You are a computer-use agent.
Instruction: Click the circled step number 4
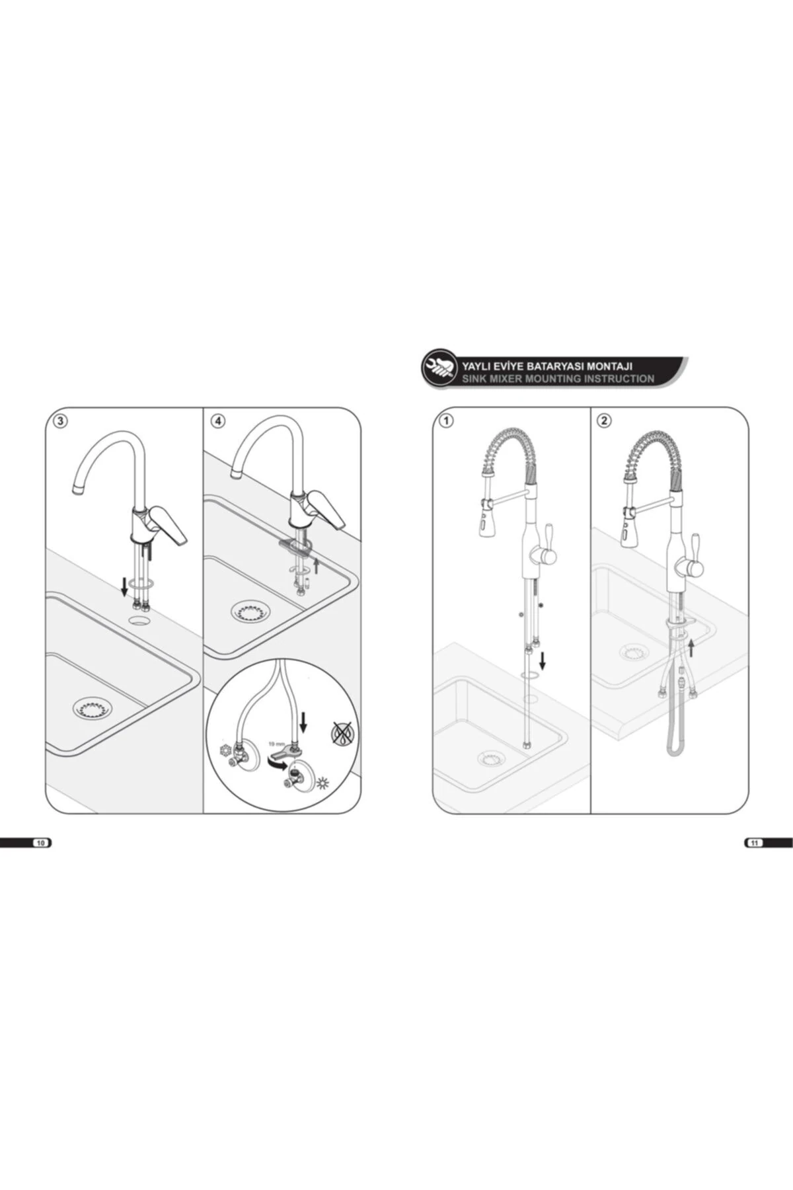pyautogui.click(x=217, y=421)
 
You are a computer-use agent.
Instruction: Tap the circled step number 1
pyautogui.click(x=447, y=421)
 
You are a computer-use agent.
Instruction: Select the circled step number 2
pyautogui.click(x=604, y=420)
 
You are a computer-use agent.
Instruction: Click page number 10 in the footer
pyautogui.click(x=41, y=843)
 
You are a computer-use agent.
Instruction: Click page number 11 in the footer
pyautogui.click(x=755, y=843)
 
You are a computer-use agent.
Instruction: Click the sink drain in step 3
pyautogui.click(x=93, y=707)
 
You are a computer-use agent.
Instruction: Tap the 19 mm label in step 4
pyautogui.click(x=276, y=744)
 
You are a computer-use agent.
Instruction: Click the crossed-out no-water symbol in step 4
pyautogui.click(x=342, y=733)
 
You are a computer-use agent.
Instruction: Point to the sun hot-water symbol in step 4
pyautogui.click(x=322, y=784)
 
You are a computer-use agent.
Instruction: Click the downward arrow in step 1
pyautogui.click(x=543, y=660)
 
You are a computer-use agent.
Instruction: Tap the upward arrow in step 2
pyautogui.click(x=691, y=647)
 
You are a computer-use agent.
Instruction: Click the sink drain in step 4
pyautogui.click(x=250, y=611)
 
